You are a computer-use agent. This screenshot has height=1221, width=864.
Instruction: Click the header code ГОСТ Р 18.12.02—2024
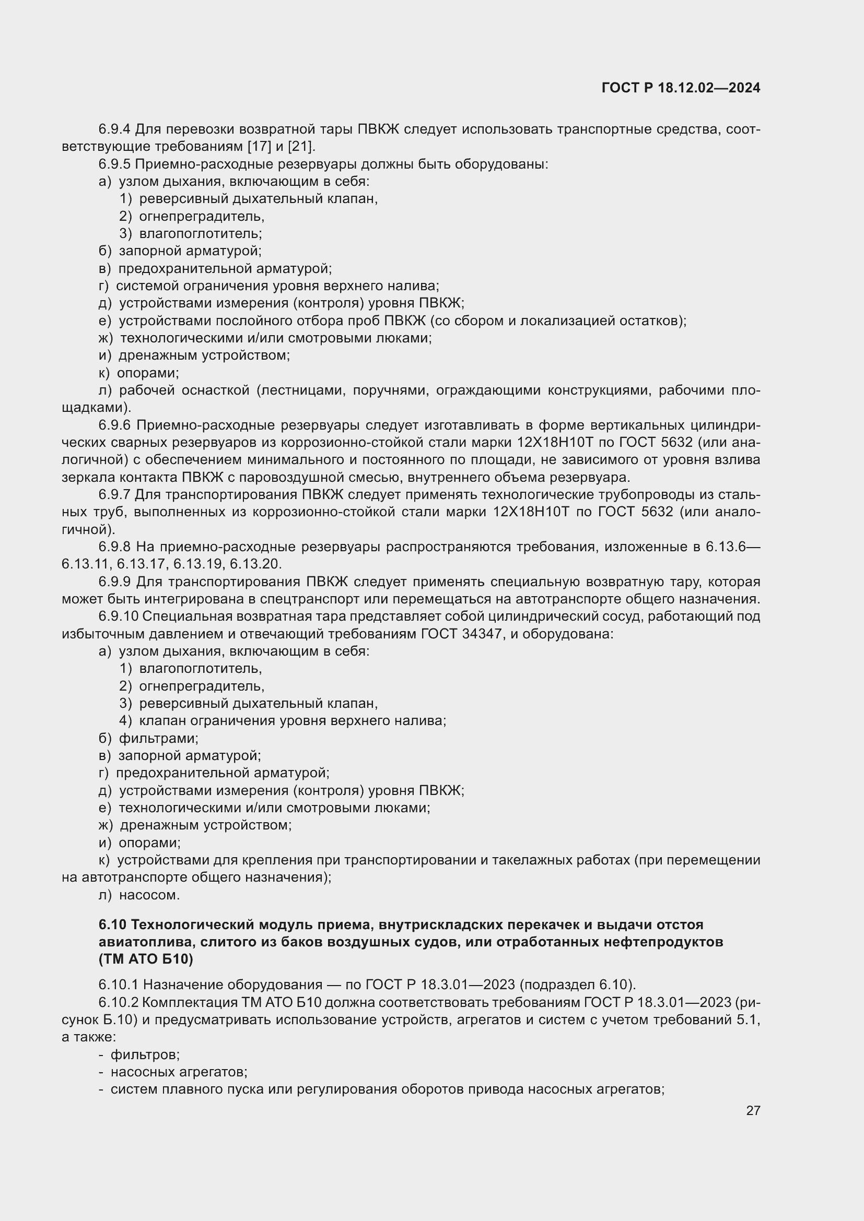click(681, 88)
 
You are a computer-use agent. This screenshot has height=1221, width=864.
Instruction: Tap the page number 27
click(753, 1110)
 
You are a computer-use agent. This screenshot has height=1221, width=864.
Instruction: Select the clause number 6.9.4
click(114, 129)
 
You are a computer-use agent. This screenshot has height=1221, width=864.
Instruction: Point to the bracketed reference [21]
click(300, 147)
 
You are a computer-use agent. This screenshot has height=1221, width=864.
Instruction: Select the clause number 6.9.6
click(114, 425)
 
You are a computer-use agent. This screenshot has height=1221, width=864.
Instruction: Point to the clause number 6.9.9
click(114, 582)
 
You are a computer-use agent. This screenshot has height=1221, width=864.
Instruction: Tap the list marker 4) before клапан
click(125, 720)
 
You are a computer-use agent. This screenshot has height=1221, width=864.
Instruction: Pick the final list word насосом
click(149, 895)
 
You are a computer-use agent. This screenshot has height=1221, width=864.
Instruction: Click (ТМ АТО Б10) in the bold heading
click(146, 959)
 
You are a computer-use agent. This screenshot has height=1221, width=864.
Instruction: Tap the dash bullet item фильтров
click(145, 1054)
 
